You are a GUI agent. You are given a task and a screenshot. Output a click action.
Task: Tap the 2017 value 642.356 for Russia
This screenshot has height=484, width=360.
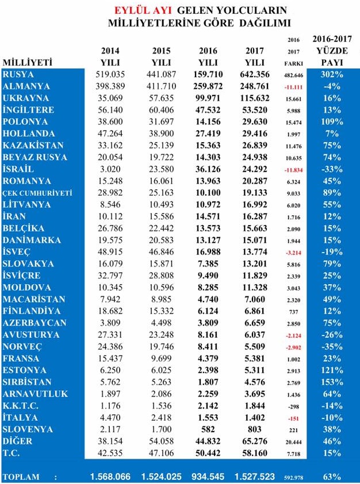coord(254,75)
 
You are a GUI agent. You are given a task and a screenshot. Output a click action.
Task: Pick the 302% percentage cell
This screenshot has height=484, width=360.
coord(332,75)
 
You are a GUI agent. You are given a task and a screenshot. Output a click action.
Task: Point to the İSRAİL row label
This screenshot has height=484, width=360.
coord(20,170)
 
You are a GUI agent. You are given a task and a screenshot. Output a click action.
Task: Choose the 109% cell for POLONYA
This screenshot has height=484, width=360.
coord(332,122)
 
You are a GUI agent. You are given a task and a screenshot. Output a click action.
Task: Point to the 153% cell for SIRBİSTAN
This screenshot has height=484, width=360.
coord(332,382)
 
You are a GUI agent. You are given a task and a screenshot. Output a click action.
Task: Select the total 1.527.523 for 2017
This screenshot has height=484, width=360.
coord(254,477)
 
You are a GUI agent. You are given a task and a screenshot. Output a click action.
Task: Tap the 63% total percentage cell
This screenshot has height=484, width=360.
coord(332,477)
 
